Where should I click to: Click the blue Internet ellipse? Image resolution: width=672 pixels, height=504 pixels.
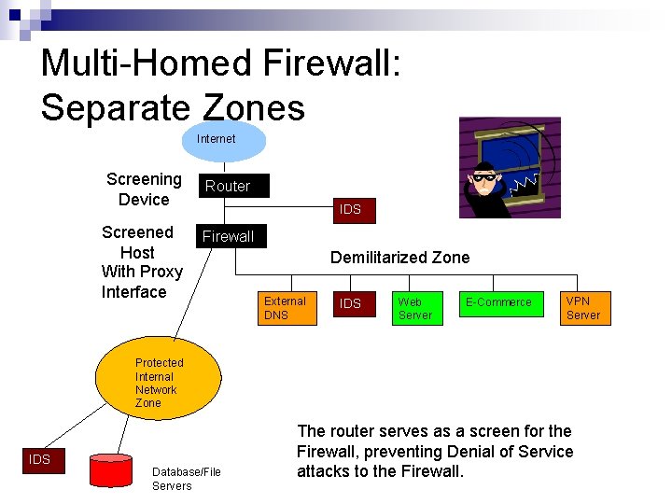pos(216,140)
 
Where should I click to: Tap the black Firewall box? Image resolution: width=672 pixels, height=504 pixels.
pos(230,236)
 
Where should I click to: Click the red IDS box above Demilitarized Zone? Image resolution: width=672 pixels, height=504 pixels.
pos(350,209)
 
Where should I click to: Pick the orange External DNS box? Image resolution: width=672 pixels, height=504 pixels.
pos(287,308)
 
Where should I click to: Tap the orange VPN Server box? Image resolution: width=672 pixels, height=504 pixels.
pos(584,308)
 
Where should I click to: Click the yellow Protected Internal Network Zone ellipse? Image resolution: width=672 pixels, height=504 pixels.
pos(160,382)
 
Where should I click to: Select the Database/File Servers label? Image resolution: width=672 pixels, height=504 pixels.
pos(186,479)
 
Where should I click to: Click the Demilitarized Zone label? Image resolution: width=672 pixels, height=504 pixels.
pos(399,258)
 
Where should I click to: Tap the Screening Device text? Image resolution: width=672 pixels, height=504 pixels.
pos(144,189)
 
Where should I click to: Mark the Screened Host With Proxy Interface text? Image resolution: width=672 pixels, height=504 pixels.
pos(141,262)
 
